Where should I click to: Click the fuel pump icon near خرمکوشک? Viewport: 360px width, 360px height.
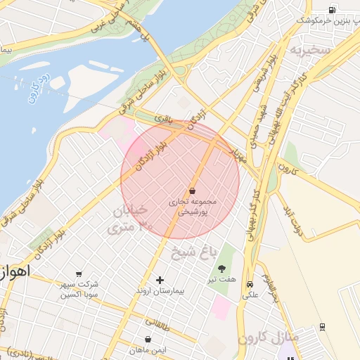(332, 10)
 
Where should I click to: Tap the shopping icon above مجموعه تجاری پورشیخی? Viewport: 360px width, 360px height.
(192, 190)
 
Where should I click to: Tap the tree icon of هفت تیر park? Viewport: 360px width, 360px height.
(222, 269)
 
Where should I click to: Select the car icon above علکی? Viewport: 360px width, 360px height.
(250, 284)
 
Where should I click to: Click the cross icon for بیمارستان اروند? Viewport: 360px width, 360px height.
(160, 280)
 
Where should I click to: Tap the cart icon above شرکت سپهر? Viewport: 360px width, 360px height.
(79, 274)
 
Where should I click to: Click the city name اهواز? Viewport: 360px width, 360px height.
(13, 272)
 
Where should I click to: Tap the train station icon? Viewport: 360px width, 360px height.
(322, 326)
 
